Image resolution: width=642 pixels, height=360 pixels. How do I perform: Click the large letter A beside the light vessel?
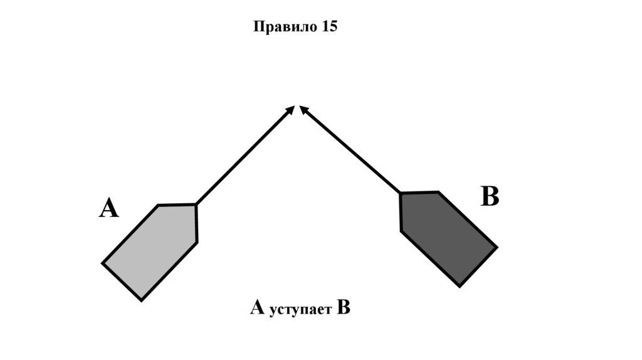tap(108, 208)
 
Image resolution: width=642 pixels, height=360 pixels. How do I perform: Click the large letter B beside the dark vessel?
tap(490, 197)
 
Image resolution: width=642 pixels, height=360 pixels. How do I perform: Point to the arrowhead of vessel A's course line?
tap(291, 109)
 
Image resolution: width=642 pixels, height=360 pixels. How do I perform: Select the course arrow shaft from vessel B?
tap(351, 151)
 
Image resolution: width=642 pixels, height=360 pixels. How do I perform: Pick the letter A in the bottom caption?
tap(257, 308)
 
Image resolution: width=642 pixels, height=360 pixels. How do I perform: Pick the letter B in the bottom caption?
tap(343, 308)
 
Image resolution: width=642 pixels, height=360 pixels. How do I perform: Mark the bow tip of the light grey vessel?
tap(196, 204)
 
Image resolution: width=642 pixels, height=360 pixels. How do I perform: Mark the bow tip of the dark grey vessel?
tap(401, 193)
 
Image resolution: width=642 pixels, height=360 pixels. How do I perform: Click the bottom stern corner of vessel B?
tap(460, 287)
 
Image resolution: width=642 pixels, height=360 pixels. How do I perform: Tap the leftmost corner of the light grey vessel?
tap(103, 263)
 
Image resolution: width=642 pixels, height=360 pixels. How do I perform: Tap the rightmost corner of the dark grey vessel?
tap(497, 247)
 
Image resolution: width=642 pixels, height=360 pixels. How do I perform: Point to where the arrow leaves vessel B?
tap(401, 193)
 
